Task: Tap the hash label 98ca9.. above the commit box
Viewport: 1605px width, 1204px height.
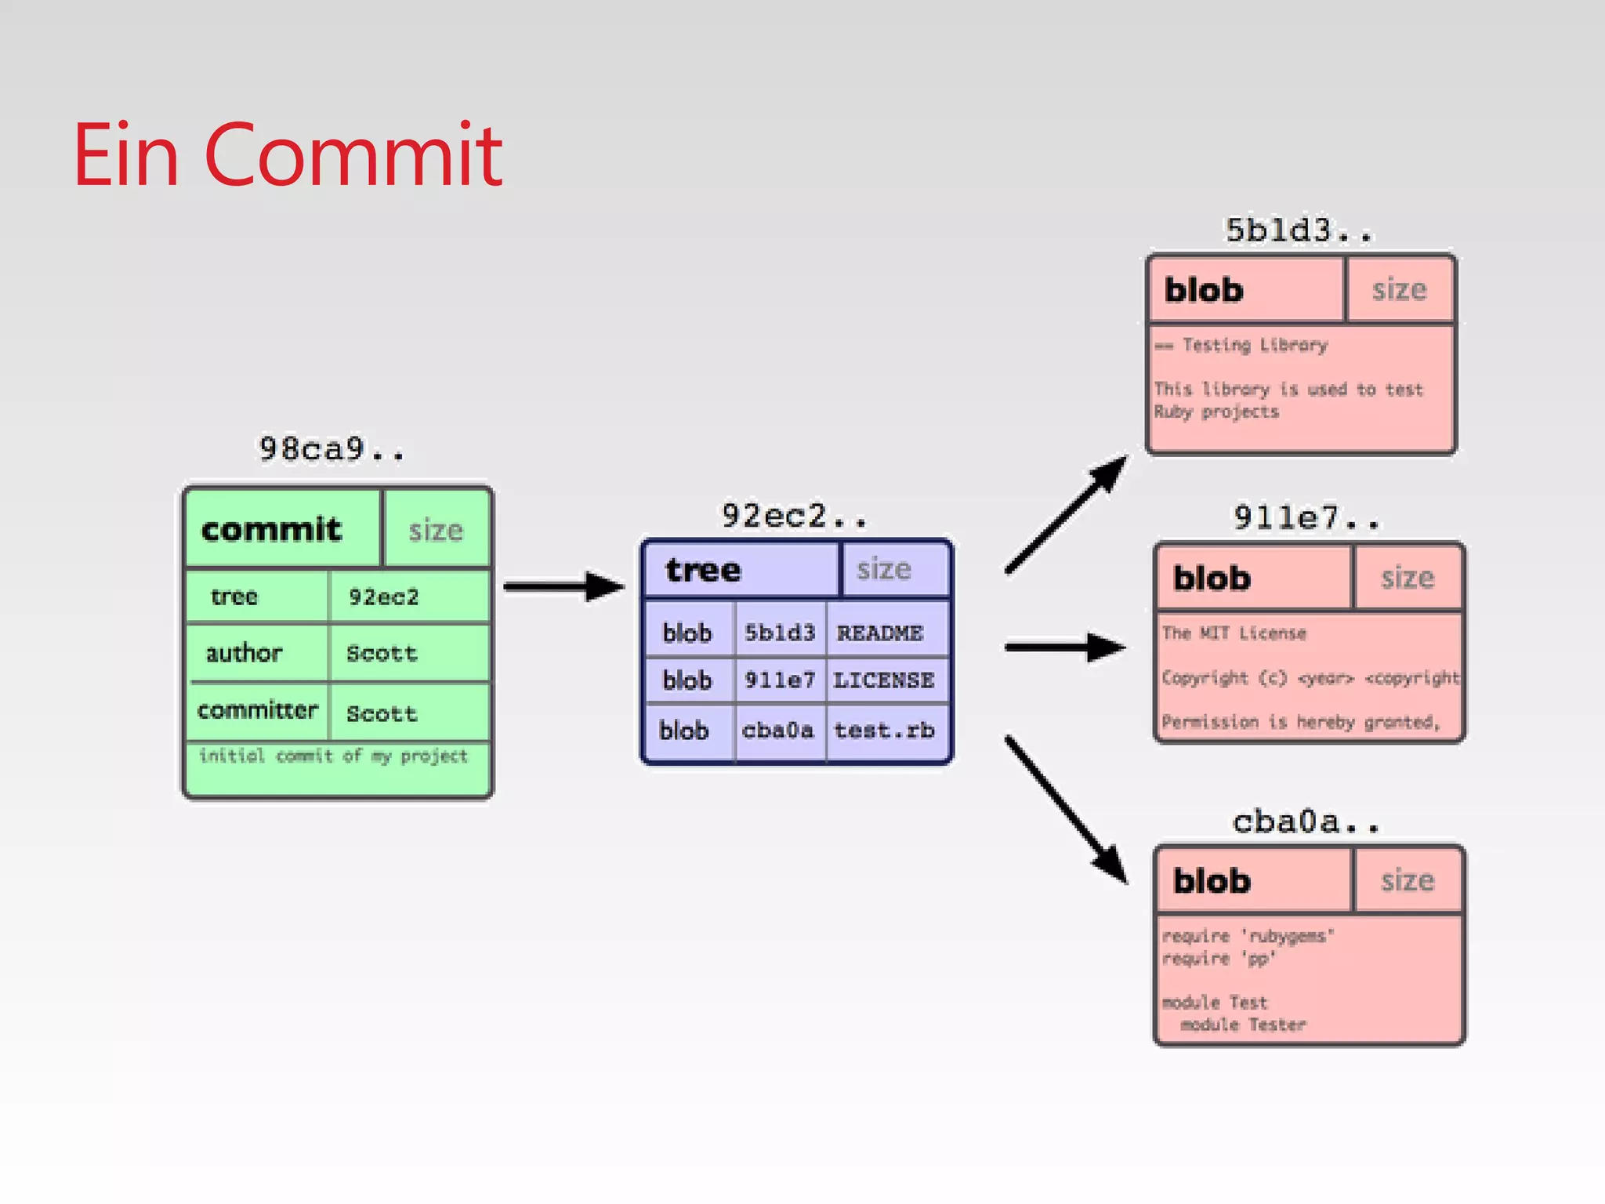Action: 332,450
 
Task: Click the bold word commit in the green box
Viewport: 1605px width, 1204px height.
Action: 272,530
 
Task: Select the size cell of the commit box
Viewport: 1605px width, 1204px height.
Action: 436,531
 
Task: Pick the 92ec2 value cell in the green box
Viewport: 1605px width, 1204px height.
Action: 384,597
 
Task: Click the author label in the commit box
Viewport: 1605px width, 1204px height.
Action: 244,653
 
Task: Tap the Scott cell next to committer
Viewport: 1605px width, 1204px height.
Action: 382,713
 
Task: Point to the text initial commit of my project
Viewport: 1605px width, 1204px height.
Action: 333,756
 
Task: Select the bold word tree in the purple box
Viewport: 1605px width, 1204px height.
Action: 703,570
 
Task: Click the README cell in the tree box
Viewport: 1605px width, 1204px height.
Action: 880,633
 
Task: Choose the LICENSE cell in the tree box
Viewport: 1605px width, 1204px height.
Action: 884,680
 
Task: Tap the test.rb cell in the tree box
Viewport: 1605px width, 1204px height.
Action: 884,731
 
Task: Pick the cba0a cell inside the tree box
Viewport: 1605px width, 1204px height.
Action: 777,731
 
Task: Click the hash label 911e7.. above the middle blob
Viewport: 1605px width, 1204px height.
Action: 1306,518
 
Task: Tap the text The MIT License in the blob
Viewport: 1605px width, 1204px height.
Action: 1234,633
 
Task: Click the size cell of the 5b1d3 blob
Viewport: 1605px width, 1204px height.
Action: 1399,290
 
